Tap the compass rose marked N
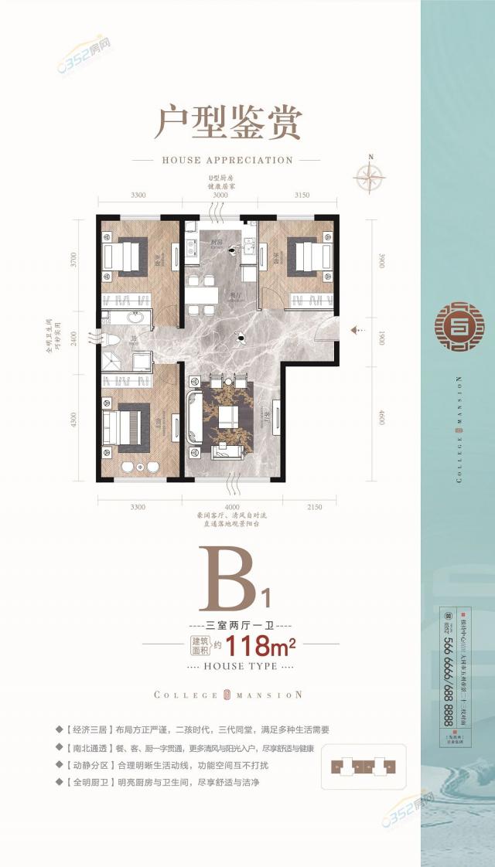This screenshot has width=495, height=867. pyautogui.click(x=370, y=179)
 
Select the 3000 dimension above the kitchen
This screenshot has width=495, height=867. pyautogui.click(x=220, y=195)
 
